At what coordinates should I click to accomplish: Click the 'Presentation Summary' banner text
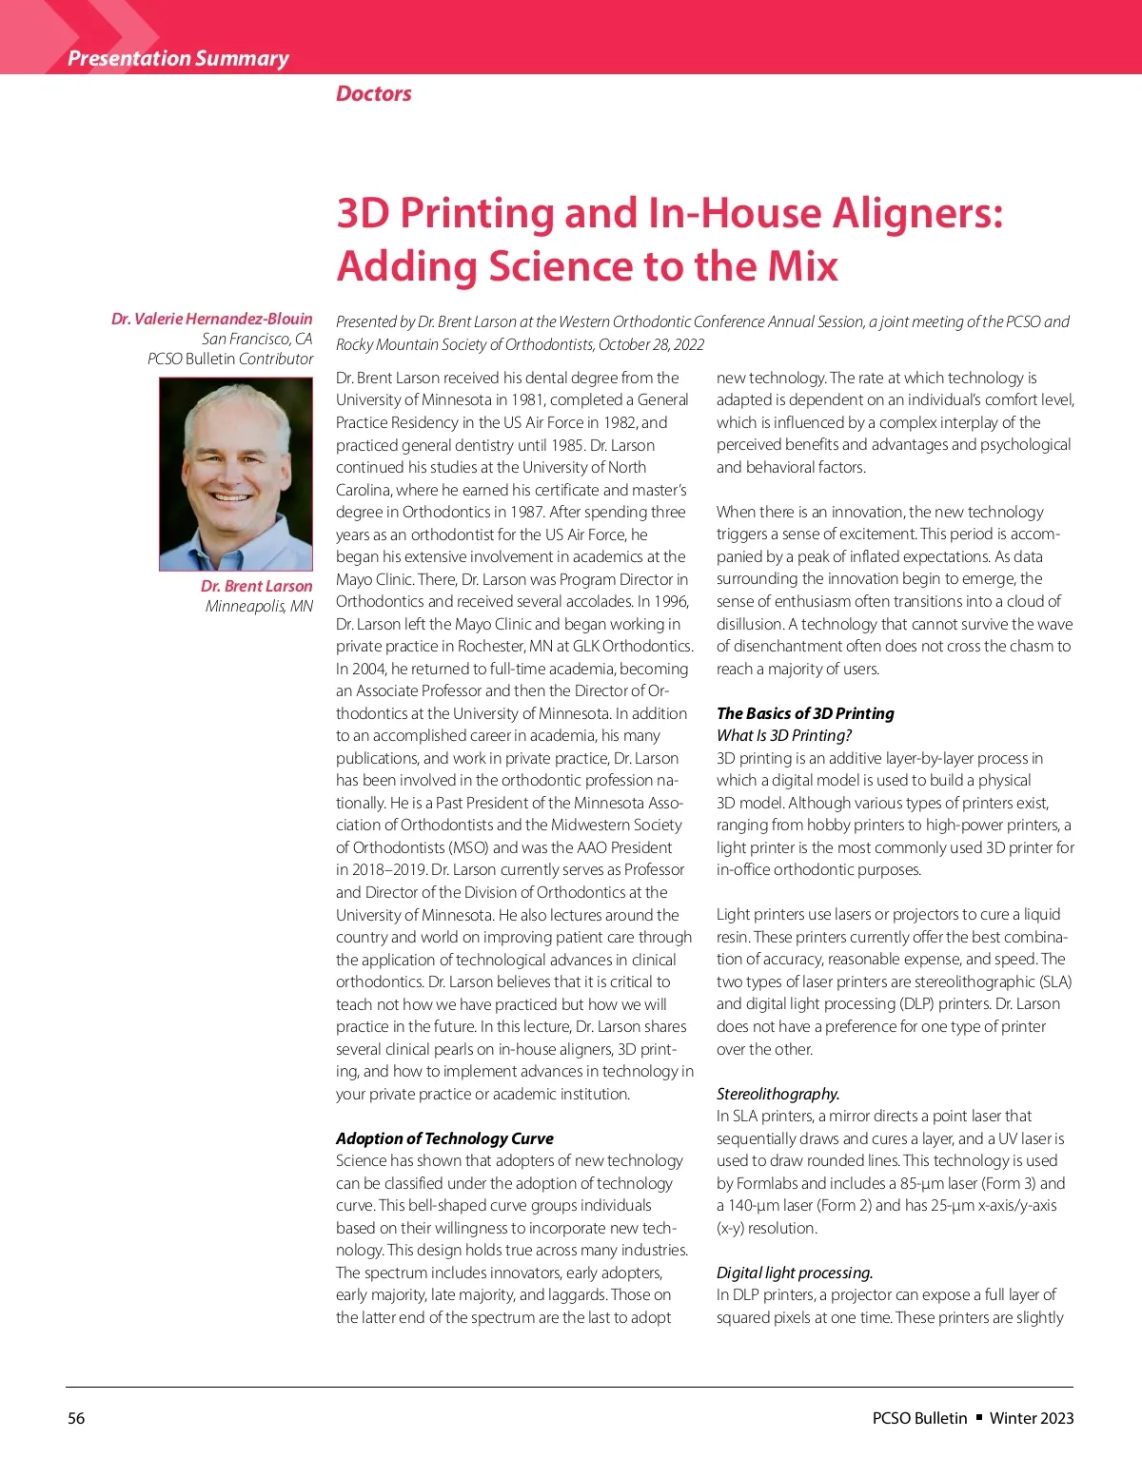coord(178,58)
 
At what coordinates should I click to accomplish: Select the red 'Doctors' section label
coord(374,93)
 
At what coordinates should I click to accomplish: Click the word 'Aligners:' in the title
coord(918,212)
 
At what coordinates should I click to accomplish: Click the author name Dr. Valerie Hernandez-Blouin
coord(211,319)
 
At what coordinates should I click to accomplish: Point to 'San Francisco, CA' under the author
coord(257,339)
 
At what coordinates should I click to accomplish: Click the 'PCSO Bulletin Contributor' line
coord(230,359)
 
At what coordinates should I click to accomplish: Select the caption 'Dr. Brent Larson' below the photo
coord(256,586)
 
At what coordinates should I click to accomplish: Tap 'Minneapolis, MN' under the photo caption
coord(259,607)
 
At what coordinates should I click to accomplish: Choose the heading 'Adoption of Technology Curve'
coord(444,1138)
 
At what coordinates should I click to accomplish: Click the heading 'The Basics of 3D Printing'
coord(805,713)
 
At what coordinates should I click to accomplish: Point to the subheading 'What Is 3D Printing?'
coord(784,735)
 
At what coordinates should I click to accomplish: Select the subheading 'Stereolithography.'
coord(778,1094)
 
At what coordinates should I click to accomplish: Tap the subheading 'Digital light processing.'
coord(795,1273)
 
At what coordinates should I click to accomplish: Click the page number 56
coord(76,1418)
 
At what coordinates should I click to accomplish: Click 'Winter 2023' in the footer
coord(1032,1418)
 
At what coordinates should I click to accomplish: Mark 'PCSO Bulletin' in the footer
coord(919,1418)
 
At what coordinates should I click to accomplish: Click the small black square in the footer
coord(978,1417)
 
